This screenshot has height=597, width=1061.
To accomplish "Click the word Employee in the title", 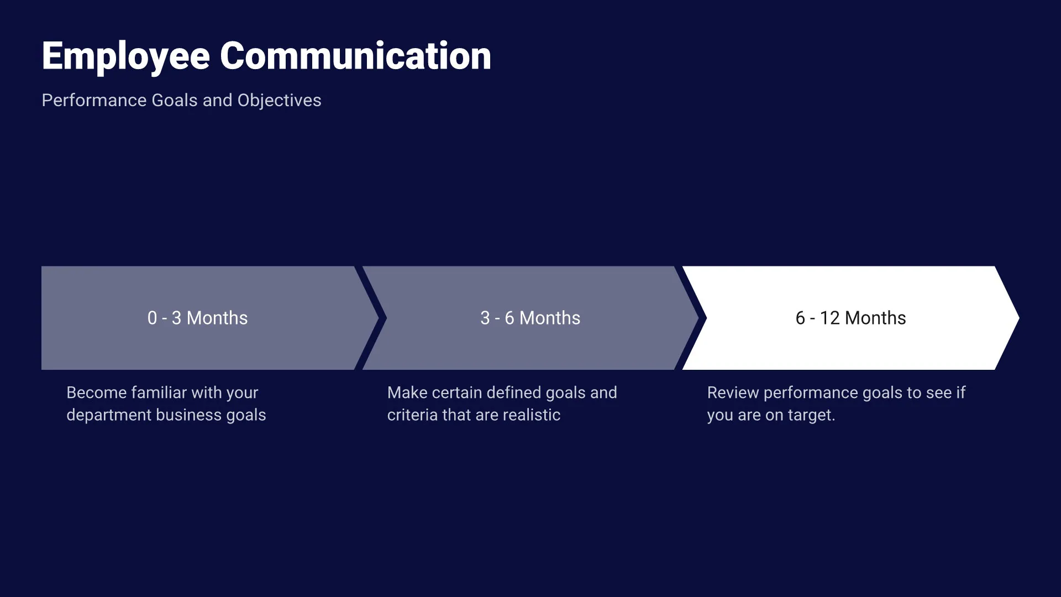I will coord(126,56).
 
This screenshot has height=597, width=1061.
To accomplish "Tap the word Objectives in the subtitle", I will coord(279,101).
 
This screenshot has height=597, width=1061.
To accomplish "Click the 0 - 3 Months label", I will coord(197,318).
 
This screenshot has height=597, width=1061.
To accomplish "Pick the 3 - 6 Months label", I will coord(530,318).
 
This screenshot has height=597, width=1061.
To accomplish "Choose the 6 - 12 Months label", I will coord(850,318).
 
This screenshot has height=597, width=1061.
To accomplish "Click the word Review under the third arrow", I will coord(733,392).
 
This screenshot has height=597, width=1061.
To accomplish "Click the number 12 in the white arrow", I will coord(829,318).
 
